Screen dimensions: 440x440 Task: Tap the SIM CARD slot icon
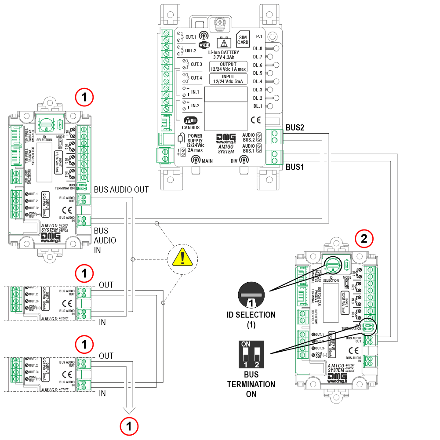[x=243, y=40]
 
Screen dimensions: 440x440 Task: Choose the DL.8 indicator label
[x=258, y=49]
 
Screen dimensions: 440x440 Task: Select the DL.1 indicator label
[x=258, y=106]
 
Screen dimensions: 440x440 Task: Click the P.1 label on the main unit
[x=259, y=37]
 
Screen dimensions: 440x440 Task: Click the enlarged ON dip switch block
[x=251, y=354]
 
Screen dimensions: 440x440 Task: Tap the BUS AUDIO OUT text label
[x=121, y=189]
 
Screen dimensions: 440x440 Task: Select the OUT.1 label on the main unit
[x=190, y=37]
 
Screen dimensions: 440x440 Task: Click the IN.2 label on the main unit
[x=195, y=106]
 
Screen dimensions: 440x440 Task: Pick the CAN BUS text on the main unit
[x=191, y=128]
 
